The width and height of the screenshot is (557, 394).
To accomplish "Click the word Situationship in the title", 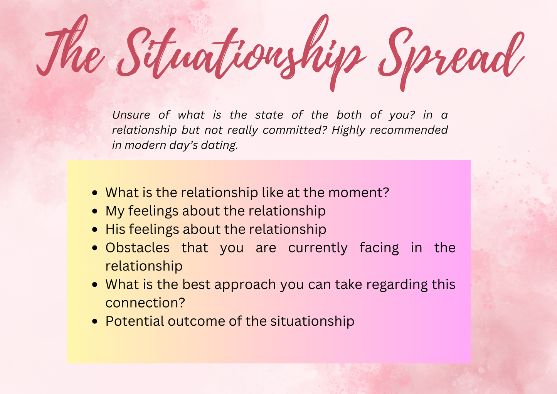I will coord(239,54).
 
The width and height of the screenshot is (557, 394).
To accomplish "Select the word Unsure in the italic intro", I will coord(131,115).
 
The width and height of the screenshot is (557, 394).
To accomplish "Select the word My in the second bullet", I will coord(114,211).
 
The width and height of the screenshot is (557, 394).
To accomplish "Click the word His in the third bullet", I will coord(115,229).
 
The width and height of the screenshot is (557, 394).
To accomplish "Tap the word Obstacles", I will coord(137,247).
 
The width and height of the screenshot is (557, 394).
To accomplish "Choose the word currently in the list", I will coord(318,248).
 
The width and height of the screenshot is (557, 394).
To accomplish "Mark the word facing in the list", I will coord(379,248).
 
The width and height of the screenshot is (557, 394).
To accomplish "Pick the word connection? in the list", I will coord(145,303).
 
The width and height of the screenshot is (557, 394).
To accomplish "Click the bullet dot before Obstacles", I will coord(95,248).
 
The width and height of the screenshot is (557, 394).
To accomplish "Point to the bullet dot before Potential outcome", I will coord(95,322).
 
